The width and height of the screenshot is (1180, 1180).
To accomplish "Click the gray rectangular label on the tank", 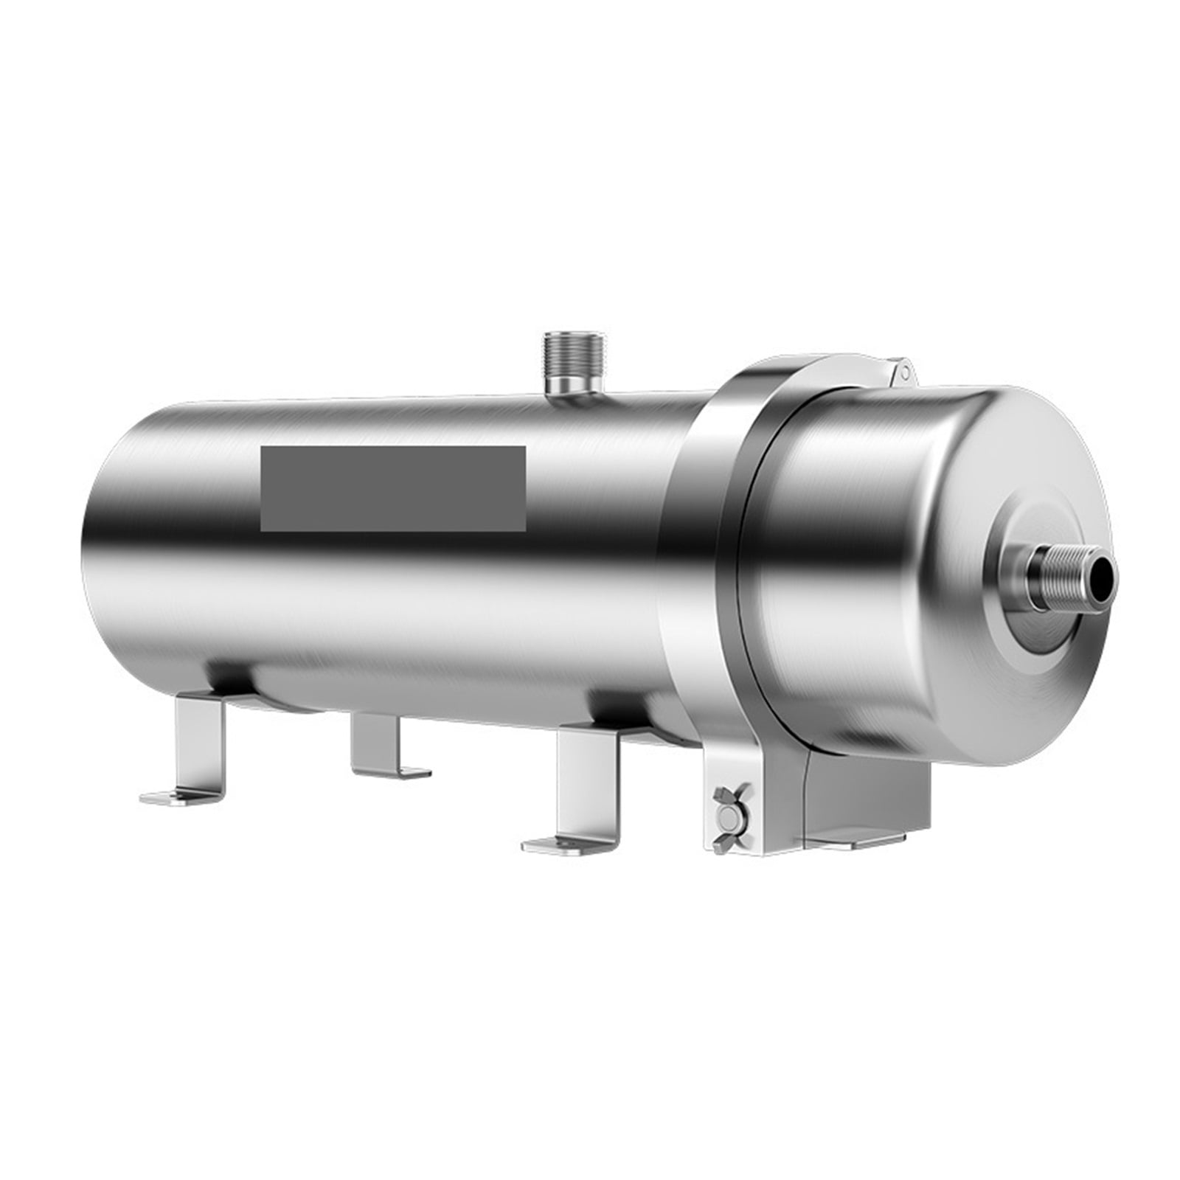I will tap(392, 487).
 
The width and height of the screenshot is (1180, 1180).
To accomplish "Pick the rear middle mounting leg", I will tap(377, 742).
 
